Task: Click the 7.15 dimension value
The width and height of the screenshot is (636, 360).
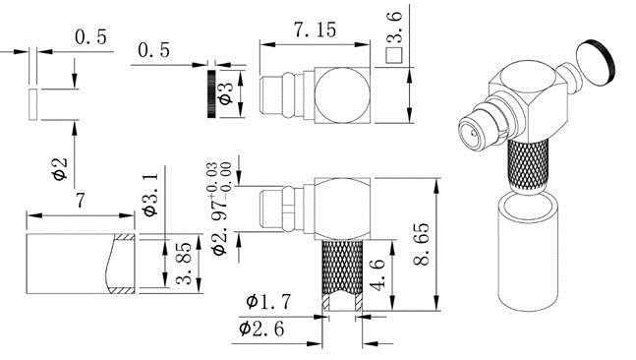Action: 316,30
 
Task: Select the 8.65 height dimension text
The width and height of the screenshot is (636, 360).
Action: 422,244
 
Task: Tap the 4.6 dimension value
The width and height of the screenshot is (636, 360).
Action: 377,275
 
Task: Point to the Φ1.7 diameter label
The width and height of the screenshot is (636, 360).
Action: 268,302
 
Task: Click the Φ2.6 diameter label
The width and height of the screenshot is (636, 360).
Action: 261,329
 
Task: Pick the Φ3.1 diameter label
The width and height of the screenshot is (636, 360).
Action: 149,195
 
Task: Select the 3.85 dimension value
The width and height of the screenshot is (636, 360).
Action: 184,264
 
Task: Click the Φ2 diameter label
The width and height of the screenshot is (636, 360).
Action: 60,168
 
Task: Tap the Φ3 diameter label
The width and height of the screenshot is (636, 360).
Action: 226,93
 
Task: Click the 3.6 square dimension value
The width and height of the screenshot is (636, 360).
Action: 394,28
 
